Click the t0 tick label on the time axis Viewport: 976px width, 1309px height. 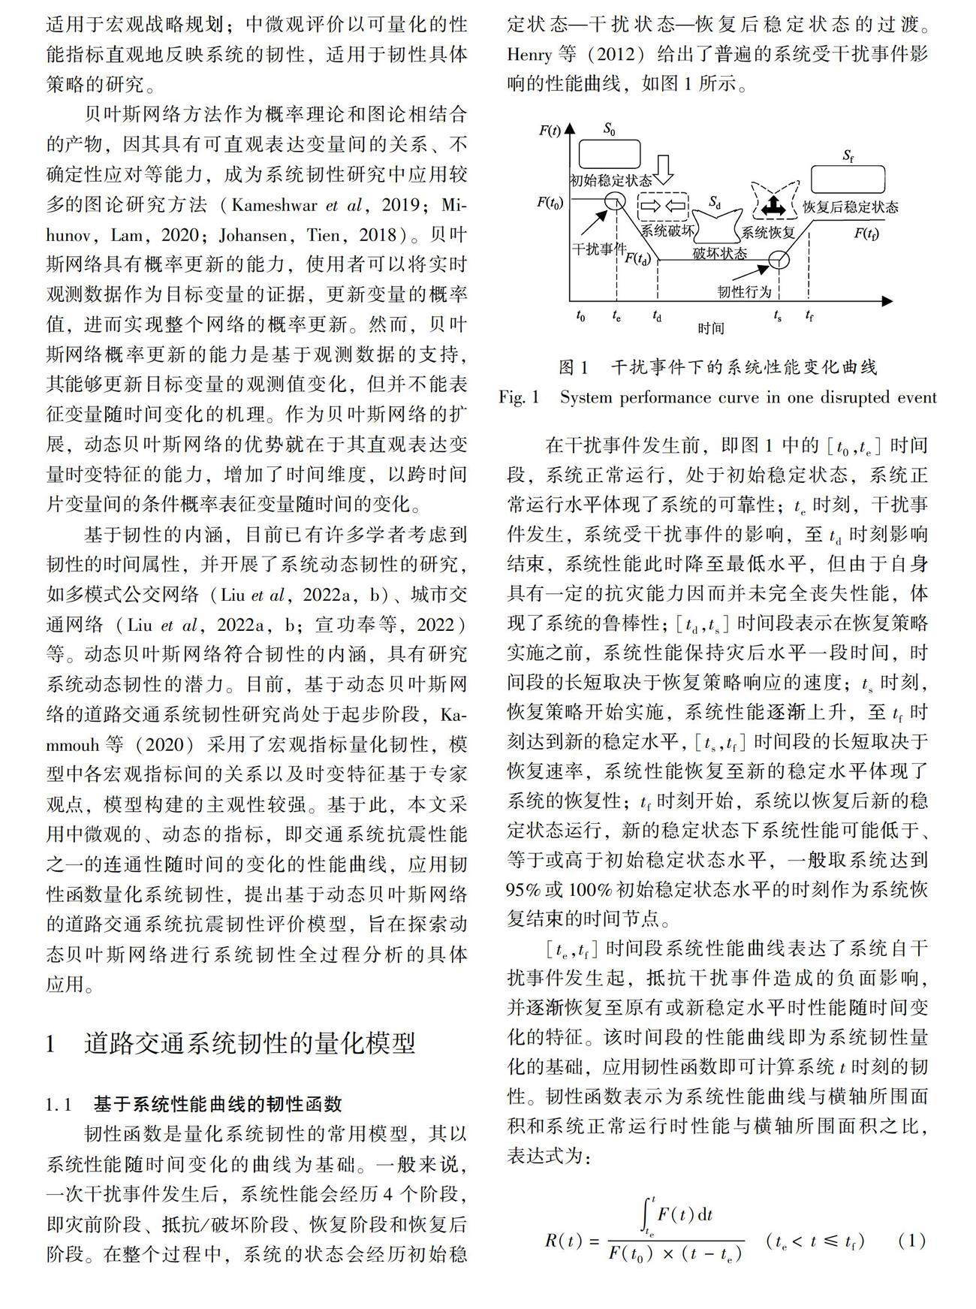click(x=580, y=316)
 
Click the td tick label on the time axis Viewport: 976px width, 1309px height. click(x=657, y=316)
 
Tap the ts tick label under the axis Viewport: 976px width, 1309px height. click(x=778, y=316)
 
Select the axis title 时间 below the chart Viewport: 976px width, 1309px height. click(x=710, y=328)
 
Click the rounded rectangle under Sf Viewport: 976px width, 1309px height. click(x=848, y=179)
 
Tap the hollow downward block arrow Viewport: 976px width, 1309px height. click(x=664, y=170)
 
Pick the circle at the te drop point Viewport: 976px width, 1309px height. click(x=615, y=201)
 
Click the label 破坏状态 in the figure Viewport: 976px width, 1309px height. click(x=720, y=253)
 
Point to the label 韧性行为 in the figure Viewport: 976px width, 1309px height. click(x=744, y=291)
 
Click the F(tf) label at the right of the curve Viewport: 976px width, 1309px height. click(x=866, y=234)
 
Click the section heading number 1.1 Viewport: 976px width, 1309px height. click(x=59, y=1104)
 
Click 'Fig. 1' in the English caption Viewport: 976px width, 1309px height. click(x=519, y=397)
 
